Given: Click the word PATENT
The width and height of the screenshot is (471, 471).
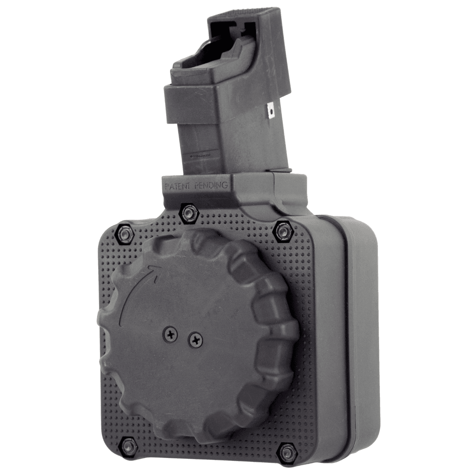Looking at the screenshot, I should click(177, 186).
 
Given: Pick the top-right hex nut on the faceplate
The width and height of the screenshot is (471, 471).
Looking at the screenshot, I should click(282, 231).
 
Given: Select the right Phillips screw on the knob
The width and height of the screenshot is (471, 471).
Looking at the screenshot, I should click(194, 340).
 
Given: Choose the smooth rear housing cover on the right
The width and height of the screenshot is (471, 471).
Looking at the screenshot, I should click(363, 334).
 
